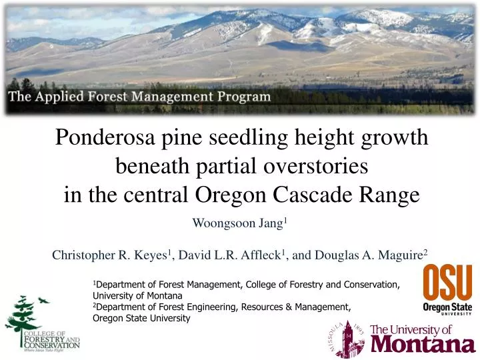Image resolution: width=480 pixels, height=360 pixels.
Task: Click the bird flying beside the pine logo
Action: point(44,301)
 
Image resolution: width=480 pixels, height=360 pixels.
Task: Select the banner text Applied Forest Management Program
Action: point(139,96)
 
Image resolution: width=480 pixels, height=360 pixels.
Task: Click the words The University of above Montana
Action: point(411,330)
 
